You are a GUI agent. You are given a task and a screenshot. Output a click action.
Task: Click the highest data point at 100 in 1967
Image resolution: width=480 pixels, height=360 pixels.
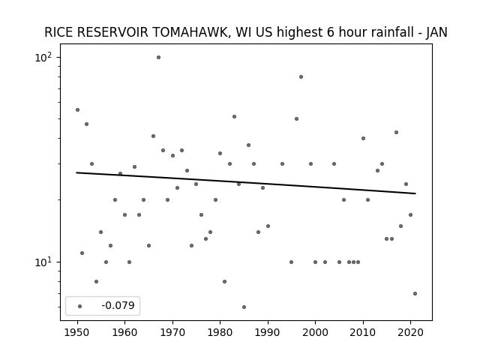tap(158, 58)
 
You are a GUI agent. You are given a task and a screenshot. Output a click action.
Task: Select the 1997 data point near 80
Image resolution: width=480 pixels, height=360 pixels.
tap(301, 77)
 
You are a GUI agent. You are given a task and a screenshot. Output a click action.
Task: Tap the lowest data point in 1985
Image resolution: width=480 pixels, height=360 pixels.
tap(244, 307)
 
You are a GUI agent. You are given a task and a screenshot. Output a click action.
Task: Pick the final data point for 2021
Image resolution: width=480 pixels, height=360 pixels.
tap(415, 293)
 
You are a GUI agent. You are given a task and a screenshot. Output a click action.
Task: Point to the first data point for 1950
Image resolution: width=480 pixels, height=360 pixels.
tap(77, 110)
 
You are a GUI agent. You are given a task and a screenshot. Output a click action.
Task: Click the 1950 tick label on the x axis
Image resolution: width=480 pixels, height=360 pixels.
tap(77, 332)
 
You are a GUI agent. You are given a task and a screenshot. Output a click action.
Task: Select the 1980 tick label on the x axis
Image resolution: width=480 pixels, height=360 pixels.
tap(220, 332)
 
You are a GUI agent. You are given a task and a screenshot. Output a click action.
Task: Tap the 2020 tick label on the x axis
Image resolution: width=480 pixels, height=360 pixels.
tap(410, 332)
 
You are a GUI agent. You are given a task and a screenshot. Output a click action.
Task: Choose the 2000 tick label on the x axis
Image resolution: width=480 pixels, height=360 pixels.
tap(315, 332)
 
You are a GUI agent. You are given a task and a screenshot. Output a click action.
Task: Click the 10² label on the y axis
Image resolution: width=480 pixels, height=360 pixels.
tap(44, 57)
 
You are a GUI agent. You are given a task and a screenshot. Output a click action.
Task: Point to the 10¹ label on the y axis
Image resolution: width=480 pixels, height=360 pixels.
tap(44, 262)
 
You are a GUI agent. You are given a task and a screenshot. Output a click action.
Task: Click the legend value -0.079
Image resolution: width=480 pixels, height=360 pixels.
tap(118, 305)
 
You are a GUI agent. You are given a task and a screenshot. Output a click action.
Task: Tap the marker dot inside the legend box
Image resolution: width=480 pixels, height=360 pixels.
tap(80, 306)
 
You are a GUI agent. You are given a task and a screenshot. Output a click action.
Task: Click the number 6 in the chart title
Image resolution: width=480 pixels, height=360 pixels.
tap(330, 32)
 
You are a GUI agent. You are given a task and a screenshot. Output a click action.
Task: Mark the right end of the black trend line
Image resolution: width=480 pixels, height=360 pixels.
tap(415, 193)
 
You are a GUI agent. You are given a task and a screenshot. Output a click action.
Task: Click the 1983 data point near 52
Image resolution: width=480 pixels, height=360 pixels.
tap(234, 117)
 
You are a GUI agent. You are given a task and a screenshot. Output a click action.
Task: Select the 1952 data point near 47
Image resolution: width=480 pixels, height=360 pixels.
tap(87, 124)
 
